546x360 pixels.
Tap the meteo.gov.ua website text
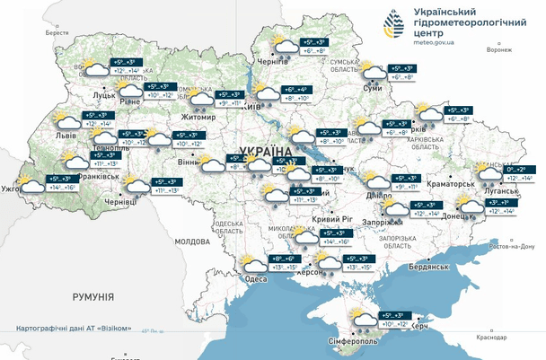tap(439, 41)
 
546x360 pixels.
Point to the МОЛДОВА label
tap(191, 241)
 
